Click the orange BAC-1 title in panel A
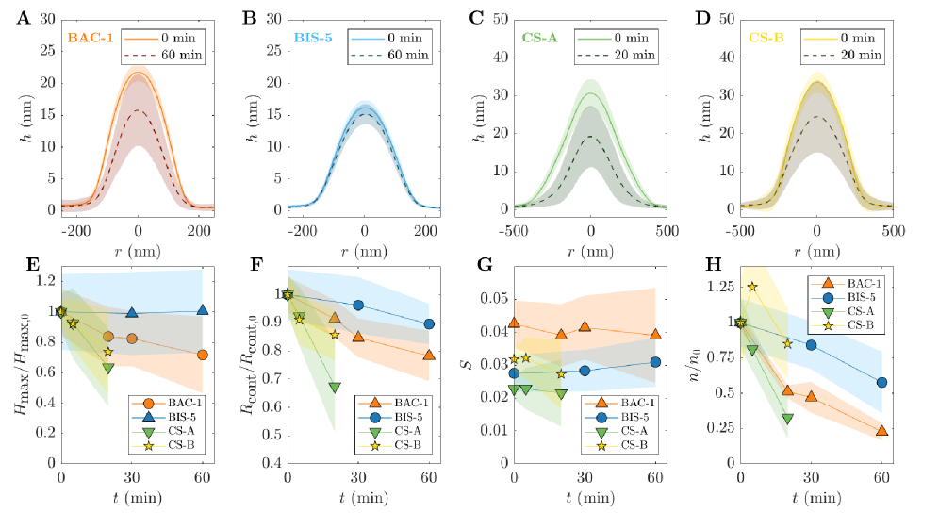[91, 39]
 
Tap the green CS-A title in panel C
[542, 39]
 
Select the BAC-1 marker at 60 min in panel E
[203, 356]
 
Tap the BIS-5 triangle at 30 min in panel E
[132, 312]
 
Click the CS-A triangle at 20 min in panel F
[335, 388]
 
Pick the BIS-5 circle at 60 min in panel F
[429, 323]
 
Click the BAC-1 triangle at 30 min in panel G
[585, 327]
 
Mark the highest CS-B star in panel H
[752, 287]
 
